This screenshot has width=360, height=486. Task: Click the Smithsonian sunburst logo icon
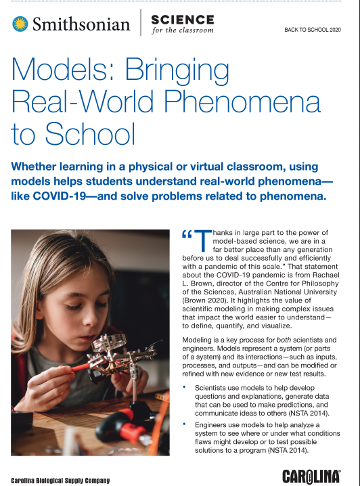[x=20, y=24]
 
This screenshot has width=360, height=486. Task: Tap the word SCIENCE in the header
[x=182, y=18]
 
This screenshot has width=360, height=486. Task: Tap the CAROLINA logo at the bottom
[x=311, y=475]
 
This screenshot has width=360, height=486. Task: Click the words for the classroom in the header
[x=183, y=30]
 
